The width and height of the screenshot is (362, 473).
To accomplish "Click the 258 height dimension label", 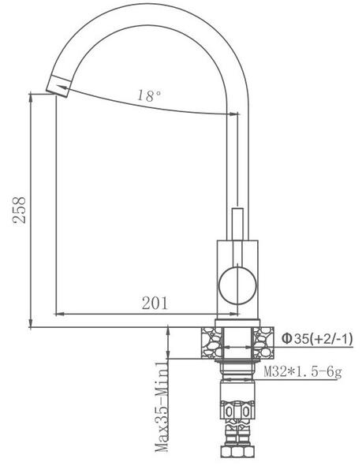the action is (x=19, y=210).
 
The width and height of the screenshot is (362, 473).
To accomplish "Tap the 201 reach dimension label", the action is (x=155, y=304).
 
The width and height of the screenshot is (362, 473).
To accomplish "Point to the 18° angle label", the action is (x=149, y=95).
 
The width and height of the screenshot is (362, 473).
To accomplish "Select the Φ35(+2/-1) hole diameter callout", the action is (x=317, y=339).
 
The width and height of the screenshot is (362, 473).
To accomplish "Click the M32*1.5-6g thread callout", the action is (x=303, y=371).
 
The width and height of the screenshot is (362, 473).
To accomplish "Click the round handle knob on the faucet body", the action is (x=237, y=285).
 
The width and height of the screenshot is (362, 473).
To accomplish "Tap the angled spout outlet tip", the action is (x=58, y=86).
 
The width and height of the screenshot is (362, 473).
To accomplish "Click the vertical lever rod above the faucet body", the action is (x=237, y=224).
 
